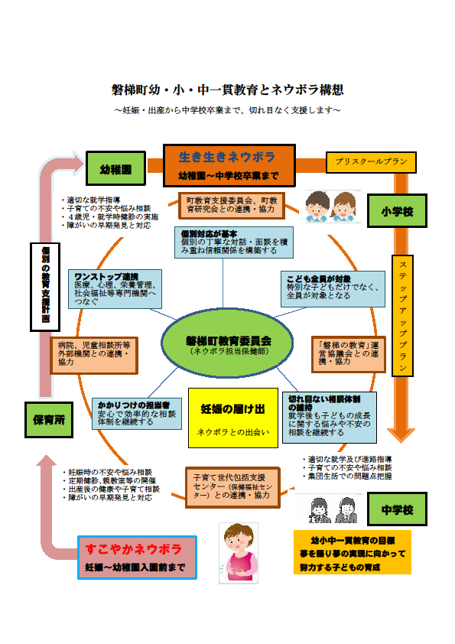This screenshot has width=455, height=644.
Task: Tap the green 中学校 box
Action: pyautogui.click(x=397, y=509)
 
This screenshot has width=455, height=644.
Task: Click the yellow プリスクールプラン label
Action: pyautogui.click(x=372, y=162)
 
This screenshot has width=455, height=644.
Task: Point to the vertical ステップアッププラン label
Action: pyautogui.click(x=402, y=315)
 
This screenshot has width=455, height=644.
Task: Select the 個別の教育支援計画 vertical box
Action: pyautogui.click(x=45, y=287)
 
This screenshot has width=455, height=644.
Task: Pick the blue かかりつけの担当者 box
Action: pyautogui.click(x=138, y=412)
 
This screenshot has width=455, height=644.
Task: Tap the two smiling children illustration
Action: pyautogui.click(x=332, y=206)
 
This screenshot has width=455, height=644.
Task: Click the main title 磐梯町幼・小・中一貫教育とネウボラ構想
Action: pyautogui.click(x=227, y=90)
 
